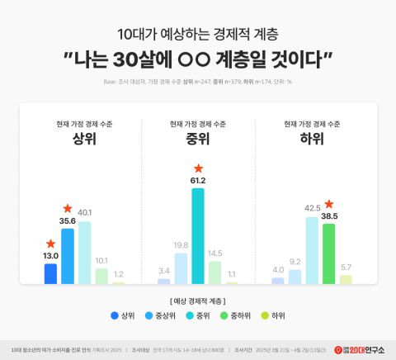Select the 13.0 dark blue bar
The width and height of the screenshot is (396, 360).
pos(51,273)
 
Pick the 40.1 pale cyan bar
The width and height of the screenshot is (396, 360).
pos(83,253)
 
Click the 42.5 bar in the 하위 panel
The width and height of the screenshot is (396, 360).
pos(312,250)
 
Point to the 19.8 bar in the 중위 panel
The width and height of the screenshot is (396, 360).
pos(181,268)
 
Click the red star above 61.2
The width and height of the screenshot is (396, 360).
pos(198,168)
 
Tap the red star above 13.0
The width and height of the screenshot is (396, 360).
pos(51,244)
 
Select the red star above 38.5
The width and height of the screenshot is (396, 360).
pos(329,204)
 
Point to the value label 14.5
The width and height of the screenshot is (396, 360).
pos(214,253)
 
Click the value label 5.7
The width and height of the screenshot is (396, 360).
pos(346,268)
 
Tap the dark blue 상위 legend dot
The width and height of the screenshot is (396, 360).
pos(113,315)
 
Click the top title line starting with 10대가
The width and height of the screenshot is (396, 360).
pos(198,35)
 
